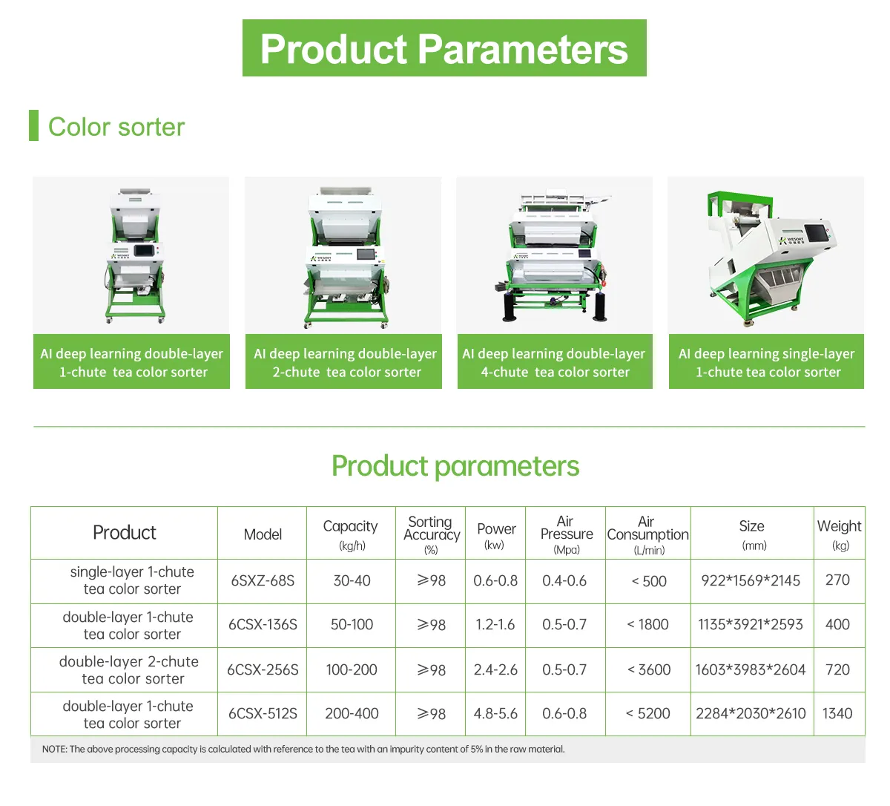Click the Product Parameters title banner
point(444,48)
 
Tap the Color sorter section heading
point(116,127)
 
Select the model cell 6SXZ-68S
point(263,580)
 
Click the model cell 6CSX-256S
point(263,669)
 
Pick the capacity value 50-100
point(352,625)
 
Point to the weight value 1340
point(837,713)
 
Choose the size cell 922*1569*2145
point(751,580)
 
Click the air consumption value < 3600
point(648,669)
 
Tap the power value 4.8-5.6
point(495,713)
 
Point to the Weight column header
point(839,533)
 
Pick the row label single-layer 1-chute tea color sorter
point(132,580)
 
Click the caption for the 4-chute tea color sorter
point(554,362)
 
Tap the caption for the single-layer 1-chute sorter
point(766,362)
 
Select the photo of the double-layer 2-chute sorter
point(343,256)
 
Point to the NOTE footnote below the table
point(303,749)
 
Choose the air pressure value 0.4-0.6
point(564,580)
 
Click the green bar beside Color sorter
point(33,125)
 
